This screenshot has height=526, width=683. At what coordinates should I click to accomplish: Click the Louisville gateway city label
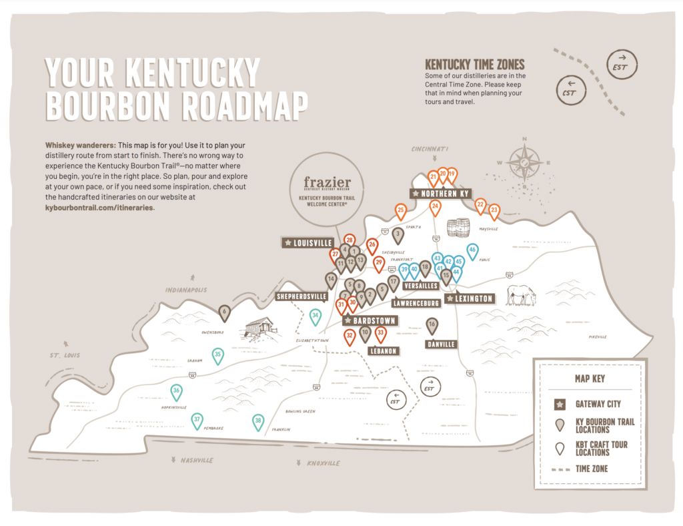[308, 243]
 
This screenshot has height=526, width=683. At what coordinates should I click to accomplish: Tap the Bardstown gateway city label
[370, 321]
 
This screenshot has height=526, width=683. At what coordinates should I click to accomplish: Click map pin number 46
[472, 251]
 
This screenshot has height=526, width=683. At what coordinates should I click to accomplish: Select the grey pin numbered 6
[225, 311]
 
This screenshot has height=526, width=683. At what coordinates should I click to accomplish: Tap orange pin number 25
[401, 210]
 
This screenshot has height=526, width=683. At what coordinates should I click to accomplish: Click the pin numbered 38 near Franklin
[258, 421]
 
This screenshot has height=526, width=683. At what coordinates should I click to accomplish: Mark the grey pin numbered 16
[432, 324]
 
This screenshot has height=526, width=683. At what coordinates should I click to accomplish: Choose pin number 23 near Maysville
[494, 210]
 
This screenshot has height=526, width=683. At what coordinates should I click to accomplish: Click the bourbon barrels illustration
[458, 228]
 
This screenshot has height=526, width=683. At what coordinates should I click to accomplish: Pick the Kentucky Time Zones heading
[475, 65]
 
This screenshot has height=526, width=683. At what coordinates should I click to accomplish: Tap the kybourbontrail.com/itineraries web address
[99, 208]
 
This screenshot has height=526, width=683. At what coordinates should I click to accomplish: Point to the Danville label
[440, 344]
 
